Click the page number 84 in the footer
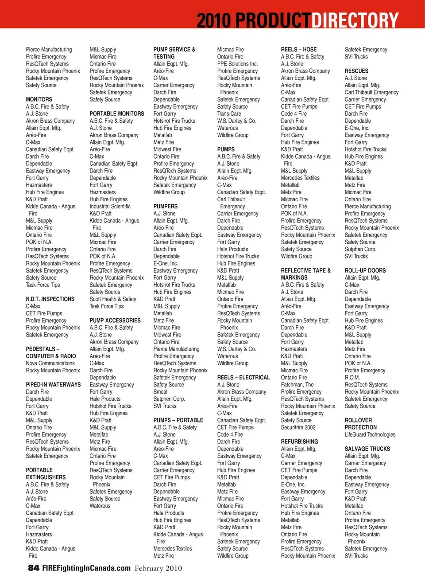click(x=34, y=568)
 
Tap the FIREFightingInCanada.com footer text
click(x=86, y=568)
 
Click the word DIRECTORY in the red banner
click(x=355, y=20)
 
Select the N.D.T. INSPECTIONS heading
click(x=50, y=299)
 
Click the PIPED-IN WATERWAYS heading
click(x=53, y=385)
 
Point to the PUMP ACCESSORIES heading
click(x=115, y=320)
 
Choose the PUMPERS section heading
click(x=165, y=207)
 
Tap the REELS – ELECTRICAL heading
click(x=243, y=378)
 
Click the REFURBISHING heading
click(x=299, y=442)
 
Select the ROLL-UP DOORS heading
click(x=365, y=271)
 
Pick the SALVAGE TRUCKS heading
click(x=367, y=449)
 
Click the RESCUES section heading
click(x=356, y=71)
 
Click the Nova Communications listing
click(x=50, y=363)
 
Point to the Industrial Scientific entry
click(x=110, y=207)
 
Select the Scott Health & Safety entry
click(x=113, y=299)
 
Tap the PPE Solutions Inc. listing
click(x=237, y=64)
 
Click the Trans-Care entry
click(x=229, y=114)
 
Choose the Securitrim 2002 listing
click(x=298, y=428)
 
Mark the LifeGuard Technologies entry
click(x=370, y=435)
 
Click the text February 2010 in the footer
click(x=158, y=568)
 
